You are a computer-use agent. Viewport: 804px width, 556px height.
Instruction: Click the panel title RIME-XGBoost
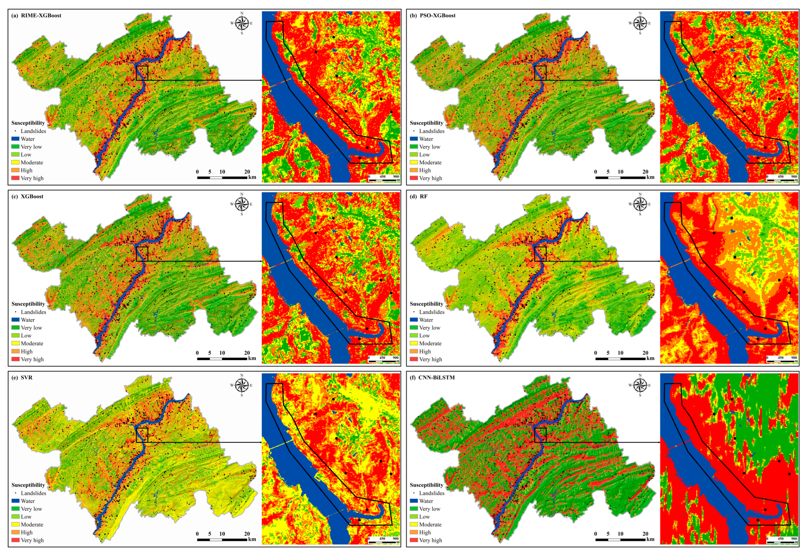tap(41, 15)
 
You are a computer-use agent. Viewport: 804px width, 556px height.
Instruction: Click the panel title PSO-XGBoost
tap(437, 15)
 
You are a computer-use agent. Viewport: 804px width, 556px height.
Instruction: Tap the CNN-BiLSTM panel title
tap(436, 377)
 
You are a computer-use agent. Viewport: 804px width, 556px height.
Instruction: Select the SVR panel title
tap(26, 377)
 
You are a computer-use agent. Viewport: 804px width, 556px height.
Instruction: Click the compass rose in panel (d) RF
tap(639, 204)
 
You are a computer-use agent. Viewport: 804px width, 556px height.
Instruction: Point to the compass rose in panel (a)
tap(241, 23)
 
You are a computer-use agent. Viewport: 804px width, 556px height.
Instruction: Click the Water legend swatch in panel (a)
tap(15, 139)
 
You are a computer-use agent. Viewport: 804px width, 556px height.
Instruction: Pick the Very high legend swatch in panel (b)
tap(414, 178)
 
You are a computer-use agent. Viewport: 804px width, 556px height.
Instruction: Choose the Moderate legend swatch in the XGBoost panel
tap(15, 343)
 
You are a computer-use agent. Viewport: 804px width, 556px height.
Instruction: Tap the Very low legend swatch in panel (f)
tap(414, 509)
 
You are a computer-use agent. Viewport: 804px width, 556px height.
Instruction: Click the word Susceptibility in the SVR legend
tap(28, 485)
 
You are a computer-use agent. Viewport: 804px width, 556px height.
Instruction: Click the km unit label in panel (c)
tap(252, 358)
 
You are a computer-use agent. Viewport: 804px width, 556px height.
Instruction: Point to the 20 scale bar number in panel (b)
tap(645, 172)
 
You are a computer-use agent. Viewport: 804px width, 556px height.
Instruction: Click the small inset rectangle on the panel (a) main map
tap(142, 73)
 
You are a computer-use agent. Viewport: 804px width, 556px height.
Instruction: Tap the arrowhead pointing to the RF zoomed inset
tap(658, 261)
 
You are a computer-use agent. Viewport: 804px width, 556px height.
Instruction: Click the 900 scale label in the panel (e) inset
tap(396, 539)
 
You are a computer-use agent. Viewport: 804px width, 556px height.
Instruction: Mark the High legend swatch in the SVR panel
tap(15, 532)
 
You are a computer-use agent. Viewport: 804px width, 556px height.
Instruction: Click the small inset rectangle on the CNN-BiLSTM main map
tap(540, 435)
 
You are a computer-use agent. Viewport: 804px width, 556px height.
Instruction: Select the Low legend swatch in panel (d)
tap(414, 335)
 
